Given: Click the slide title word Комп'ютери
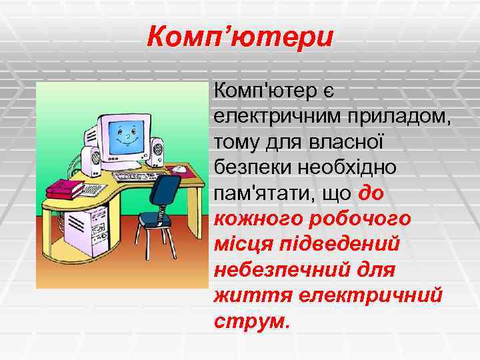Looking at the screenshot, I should tap(239, 36).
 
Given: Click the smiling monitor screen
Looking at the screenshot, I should tap(125, 135).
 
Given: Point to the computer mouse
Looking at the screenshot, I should tap(179, 169).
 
